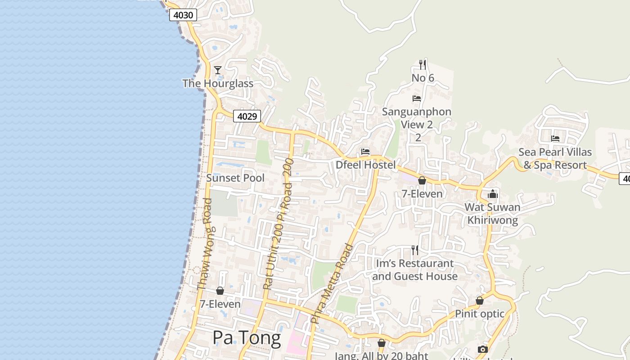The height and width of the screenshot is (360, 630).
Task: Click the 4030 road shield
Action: [x=183, y=15]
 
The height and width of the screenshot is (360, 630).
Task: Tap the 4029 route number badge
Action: [x=247, y=117]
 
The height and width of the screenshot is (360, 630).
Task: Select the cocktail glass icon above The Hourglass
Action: [x=218, y=70]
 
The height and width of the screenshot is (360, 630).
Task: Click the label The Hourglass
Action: [x=218, y=83]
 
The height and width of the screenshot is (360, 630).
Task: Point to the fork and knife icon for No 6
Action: [x=422, y=64]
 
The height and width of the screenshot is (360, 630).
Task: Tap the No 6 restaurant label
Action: [x=423, y=78]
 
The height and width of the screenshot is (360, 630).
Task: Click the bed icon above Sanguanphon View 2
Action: [x=417, y=98]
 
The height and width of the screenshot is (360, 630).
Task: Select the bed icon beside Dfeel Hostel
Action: [x=365, y=152]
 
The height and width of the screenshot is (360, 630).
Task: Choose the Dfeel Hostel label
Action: [x=365, y=165]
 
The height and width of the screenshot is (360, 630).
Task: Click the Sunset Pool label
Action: [x=235, y=178]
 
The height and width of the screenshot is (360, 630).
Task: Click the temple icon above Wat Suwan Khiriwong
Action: [x=493, y=194]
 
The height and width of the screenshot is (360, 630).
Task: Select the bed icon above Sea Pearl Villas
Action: [x=555, y=139]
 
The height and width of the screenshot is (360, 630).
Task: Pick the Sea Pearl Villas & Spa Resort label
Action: [x=555, y=158]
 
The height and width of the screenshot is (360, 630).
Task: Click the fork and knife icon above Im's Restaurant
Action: [x=414, y=250]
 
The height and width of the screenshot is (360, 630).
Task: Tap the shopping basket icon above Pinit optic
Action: [x=480, y=301]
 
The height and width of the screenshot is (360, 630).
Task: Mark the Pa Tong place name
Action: [x=247, y=337]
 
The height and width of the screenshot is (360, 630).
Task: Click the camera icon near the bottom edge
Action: [x=482, y=349]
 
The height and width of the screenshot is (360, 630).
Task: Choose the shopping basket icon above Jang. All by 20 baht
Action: [x=382, y=343]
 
